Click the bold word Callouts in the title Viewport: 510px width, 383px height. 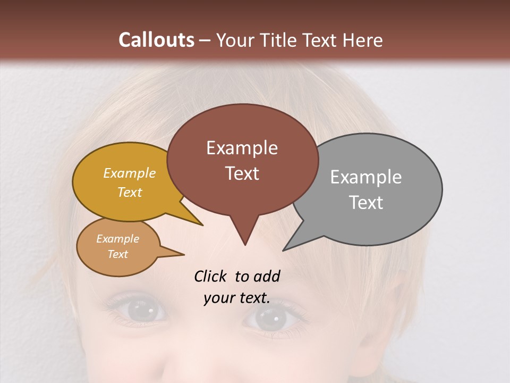pyautogui.click(x=156, y=40)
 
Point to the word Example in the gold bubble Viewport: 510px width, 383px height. pyautogui.click(x=130, y=173)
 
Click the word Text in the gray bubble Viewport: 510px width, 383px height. pyautogui.click(x=366, y=202)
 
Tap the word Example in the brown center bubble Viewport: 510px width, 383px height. pyautogui.click(x=242, y=147)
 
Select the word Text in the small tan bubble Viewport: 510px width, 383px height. pyautogui.click(x=117, y=254)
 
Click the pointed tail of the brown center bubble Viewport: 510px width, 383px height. pyautogui.click(x=244, y=234)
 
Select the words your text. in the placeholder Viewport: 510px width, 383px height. pyautogui.click(x=236, y=298)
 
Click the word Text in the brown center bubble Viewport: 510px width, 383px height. pyautogui.click(x=242, y=173)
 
